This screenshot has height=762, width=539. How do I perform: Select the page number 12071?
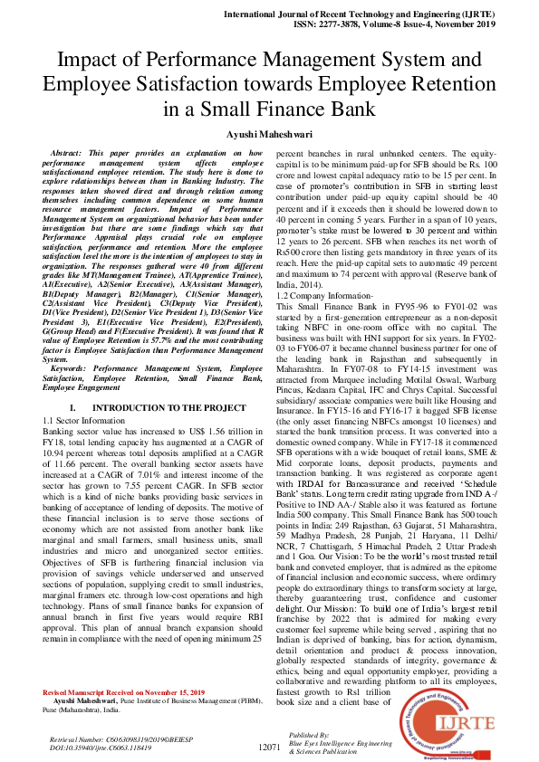point(270,747)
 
